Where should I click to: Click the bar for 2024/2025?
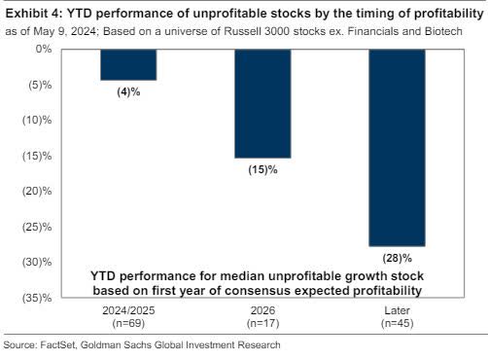[x=128, y=64]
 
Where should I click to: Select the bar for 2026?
[x=262, y=102]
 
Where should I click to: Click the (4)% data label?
[x=128, y=92]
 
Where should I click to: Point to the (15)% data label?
[x=262, y=169]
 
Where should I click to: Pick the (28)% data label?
[x=397, y=258]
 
